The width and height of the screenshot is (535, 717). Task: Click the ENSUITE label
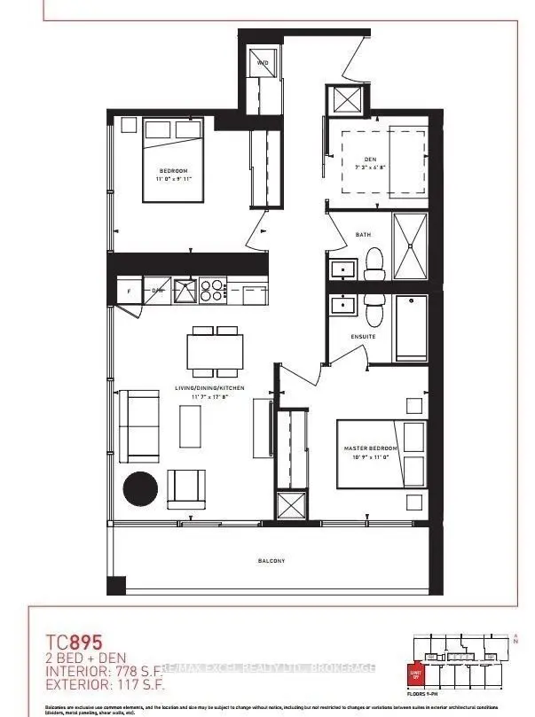362,337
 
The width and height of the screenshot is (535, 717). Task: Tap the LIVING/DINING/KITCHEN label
210,389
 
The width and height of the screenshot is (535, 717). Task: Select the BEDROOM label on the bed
173,170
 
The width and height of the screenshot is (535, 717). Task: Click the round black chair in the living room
140,487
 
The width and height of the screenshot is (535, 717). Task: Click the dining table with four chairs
215,353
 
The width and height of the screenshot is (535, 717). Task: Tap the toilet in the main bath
374,261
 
